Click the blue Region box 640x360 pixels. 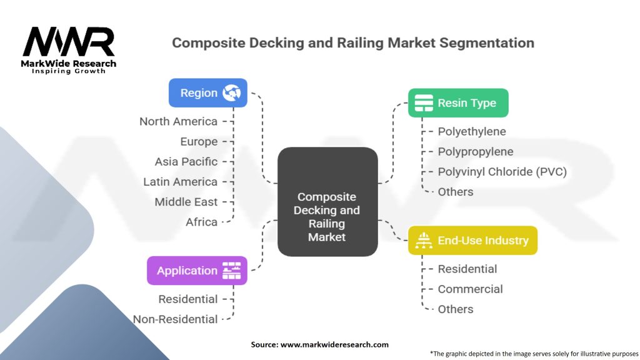[208, 92]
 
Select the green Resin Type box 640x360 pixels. [458, 102]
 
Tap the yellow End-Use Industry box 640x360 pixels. [472, 240]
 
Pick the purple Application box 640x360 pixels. [197, 271]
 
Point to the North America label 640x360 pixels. [178, 121]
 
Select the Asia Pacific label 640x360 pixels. [186, 161]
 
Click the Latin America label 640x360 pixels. [180, 181]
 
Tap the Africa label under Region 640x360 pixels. [201, 222]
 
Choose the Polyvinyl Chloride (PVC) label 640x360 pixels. [502, 171]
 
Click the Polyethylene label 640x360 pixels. [472, 131]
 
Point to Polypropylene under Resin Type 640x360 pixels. [476, 151]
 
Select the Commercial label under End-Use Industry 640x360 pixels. [470, 289]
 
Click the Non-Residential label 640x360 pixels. [176, 319]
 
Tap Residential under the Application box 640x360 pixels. [187, 299]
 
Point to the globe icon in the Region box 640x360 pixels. [231, 92]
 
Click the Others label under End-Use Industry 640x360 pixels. [456, 309]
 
